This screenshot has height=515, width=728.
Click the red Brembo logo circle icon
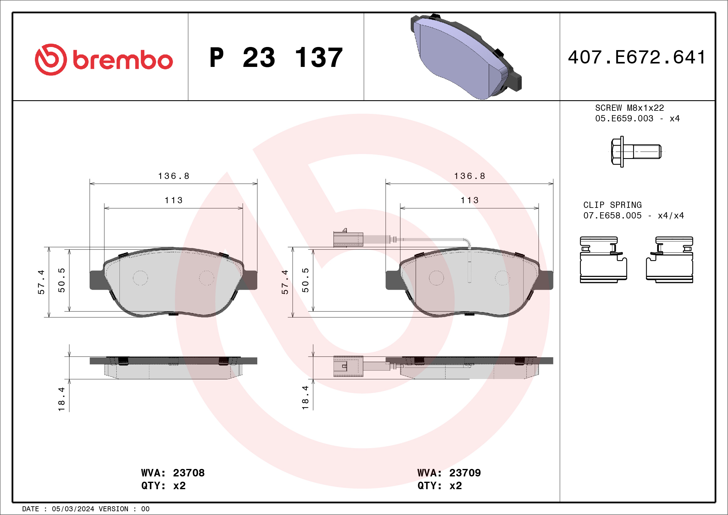click(51, 60)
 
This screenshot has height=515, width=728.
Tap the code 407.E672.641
click(637, 57)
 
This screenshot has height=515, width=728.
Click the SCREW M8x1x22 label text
click(629, 108)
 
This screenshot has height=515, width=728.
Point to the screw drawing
click(635, 152)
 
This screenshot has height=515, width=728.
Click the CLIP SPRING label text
click(612, 205)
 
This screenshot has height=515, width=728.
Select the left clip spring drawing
click(603, 260)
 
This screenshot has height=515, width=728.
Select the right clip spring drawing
click(669, 260)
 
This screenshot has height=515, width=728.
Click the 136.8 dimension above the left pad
click(174, 176)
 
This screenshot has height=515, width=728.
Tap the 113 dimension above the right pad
click(469, 200)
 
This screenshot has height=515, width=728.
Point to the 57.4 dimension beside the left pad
click(41, 282)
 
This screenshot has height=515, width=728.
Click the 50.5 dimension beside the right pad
click(305, 280)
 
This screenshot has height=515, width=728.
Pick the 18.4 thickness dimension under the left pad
click(62, 399)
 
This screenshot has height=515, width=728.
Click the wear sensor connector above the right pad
click(348, 239)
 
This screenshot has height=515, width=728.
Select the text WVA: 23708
click(173, 473)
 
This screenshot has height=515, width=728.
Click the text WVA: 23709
click(449, 473)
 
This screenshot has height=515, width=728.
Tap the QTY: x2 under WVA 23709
click(440, 485)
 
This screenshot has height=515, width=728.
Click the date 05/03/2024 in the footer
click(73, 509)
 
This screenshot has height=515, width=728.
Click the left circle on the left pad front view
click(140, 278)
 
